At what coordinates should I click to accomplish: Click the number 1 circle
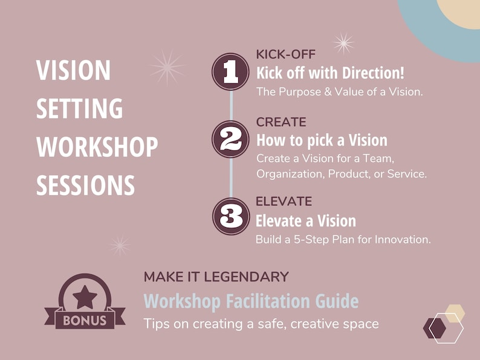[230, 72]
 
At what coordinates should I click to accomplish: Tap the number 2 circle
[230, 140]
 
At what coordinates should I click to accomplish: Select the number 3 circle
[230, 216]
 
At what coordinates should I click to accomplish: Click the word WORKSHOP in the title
[97, 147]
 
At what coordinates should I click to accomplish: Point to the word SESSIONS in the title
[85, 184]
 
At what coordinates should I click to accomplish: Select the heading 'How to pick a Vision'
[322, 140]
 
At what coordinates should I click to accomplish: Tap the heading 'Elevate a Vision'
[306, 220]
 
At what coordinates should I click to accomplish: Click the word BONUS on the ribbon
[85, 320]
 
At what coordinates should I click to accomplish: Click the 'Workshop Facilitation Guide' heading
[251, 301]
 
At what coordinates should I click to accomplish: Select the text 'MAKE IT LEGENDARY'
[216, 277]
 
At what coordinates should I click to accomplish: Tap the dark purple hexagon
[435, 327]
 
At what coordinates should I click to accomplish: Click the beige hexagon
[454, 313]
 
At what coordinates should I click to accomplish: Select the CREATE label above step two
[281, 122]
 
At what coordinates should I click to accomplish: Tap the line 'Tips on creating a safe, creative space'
[261, 323]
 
